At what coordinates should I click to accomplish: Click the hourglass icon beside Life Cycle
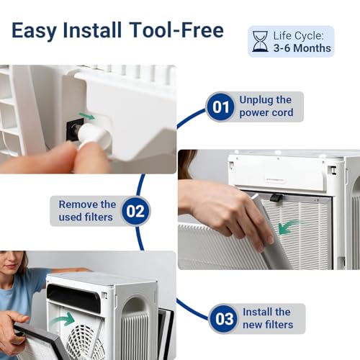point(260,41)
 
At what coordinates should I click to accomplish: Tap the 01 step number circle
point(220,107)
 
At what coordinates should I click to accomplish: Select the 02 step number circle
point(136,211)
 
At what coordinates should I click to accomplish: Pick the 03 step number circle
point(224,319)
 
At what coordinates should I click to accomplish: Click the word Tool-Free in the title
point(176,30)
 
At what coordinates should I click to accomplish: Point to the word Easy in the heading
point(34,31)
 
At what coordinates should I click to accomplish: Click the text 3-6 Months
point(302,48)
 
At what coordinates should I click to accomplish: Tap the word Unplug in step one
point(256,100)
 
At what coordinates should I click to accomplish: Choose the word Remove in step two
point(78,204)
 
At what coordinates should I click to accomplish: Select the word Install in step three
point(258,312)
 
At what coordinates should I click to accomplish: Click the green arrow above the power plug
point(87,116)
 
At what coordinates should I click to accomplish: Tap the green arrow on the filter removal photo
point(288,227)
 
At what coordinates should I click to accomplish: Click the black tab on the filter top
point(276,198)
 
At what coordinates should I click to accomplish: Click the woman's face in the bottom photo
point(10,264)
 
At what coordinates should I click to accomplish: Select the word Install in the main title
point(92,30)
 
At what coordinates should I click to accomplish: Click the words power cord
point(266,113)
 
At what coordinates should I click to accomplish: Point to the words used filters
point(86,217)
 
